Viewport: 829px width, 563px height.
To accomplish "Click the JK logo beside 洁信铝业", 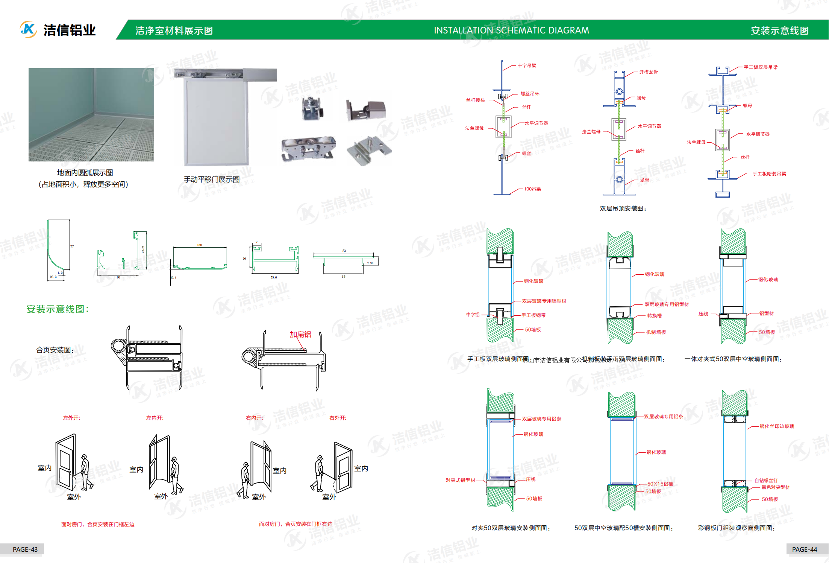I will coord(28,29).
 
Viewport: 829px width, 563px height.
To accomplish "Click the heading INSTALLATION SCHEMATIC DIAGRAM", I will coord(511,30).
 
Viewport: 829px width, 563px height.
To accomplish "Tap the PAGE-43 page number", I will coord(25,549).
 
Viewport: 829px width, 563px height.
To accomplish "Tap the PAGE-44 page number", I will coord(804,549).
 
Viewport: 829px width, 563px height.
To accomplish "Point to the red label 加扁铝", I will coord(300,335).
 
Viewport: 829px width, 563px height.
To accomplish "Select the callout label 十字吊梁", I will coord(527,66).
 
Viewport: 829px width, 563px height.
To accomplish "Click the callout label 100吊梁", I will coord(532,189).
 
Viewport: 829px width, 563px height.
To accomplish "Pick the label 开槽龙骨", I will coord(649,72).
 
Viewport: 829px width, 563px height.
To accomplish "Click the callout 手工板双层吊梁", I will coord(761,67).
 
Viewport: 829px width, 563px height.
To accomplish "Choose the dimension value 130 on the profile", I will coord(200,245).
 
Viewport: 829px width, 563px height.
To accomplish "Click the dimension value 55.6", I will coord(274,277).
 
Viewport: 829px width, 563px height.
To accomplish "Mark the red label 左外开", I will coord(71,418).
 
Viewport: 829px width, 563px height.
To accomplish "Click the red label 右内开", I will coord(255,418).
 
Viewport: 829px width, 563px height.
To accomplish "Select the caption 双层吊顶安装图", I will coord(623,208).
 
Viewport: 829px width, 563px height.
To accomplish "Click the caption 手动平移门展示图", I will coord(212,180).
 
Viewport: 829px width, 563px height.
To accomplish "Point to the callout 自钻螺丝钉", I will coord(766,481).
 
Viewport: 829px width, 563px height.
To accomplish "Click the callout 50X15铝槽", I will coord(660,484).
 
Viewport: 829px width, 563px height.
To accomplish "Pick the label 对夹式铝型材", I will coord(461,480).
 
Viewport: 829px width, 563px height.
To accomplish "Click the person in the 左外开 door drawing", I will coord(86,472).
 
